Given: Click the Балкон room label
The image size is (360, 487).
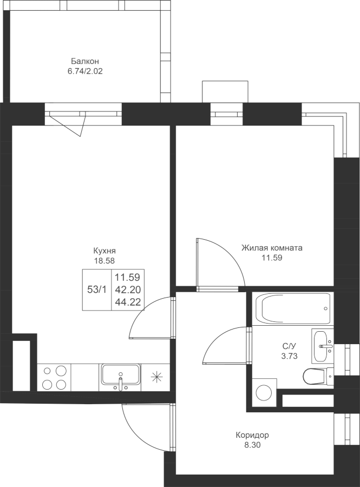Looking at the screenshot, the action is pos(85,61).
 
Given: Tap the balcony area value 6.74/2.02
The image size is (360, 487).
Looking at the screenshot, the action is pos(85,71).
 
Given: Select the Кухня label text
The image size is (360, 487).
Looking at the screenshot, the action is pos(104,251).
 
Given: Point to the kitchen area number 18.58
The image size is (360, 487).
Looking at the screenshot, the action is pos(104,261).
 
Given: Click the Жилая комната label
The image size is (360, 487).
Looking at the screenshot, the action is pos(272,248).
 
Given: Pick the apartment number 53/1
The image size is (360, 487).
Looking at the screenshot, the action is pos(97,290).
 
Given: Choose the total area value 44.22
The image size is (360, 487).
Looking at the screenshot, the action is pos(128,301).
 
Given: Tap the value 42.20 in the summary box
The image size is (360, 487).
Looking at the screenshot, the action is pos(128,289).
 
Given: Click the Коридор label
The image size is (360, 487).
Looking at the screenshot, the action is pos(252,435).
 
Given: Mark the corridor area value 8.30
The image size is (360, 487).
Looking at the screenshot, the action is pos(252,445).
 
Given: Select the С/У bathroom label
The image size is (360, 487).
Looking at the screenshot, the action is pos(289,346).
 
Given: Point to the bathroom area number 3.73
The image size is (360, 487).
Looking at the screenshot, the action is pos(289,356).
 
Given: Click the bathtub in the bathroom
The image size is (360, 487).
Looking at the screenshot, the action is pos(294,309).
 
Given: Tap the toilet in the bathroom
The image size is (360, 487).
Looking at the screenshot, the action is pos(318,376).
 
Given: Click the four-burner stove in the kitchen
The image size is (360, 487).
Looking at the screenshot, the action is pos(54,377).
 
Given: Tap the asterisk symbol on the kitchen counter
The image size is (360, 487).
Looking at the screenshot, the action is pos(157,377).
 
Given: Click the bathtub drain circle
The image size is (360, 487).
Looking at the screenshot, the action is pos(325,309).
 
